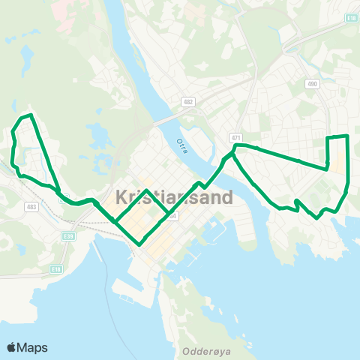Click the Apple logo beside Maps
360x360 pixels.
pyautogui.click(x=12, y=346)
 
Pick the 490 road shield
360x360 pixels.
pyautogui.click(x=312, y=84)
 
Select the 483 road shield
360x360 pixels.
pyautogui.click(x=31, y=206)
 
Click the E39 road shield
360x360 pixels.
pyautogui.click(x=69, y=236)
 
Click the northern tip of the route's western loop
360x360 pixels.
pyautogui.click(x=30, y=115)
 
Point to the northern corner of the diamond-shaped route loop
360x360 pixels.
pyautogui.click(x=146, y=190)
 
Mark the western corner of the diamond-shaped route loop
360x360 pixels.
pyautogui.click(x=114, y=220)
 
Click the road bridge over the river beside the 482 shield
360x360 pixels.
pyautogui.click(x=166, y=118)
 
